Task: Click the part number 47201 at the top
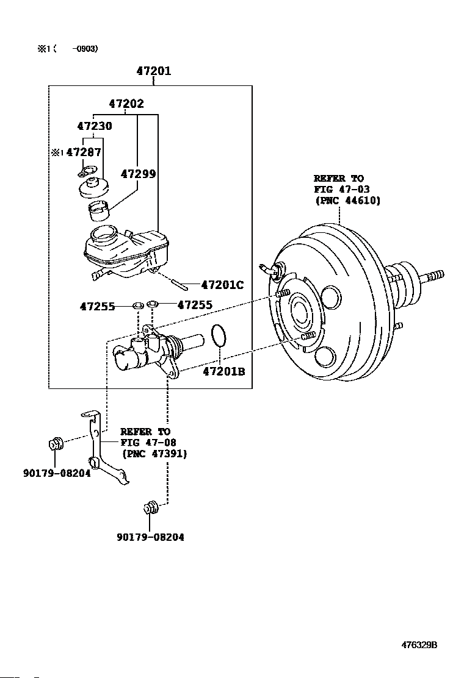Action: tap(154, 71)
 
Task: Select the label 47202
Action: tap(126, 104)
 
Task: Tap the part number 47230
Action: tap(95, 126)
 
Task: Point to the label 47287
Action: tap(84, 152)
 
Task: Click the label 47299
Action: tap(138, 174)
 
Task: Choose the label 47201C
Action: tap(222, 285)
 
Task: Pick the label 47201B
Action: tap(224, 371)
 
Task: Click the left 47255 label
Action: tap(98, 307)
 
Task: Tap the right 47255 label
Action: tap(195, 305)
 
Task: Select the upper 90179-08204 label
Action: tap(57, 473)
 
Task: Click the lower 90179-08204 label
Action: tap(150, 537)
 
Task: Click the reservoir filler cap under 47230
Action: tap(93, 186)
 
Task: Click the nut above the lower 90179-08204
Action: tap(151, 507)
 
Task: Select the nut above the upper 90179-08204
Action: tap(56, 443)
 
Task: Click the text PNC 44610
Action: tap(348, 201)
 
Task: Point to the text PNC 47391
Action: tap(154, 454)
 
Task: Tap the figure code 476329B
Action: tap(419, 644)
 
